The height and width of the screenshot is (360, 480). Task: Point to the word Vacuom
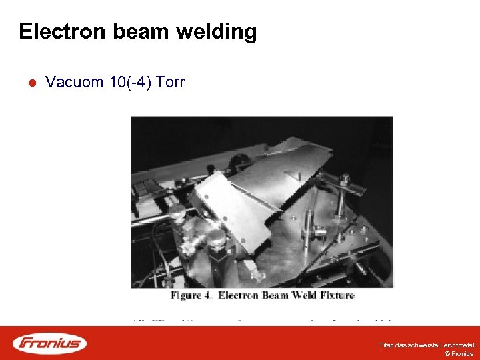(74, 83)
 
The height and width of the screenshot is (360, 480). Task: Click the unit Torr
(170, 83)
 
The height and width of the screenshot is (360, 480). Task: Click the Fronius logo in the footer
(50, 343)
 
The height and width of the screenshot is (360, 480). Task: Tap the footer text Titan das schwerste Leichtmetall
(427, 345)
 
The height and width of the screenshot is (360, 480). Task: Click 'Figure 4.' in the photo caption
(191, 295)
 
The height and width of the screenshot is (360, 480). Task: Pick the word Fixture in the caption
(336, 295)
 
